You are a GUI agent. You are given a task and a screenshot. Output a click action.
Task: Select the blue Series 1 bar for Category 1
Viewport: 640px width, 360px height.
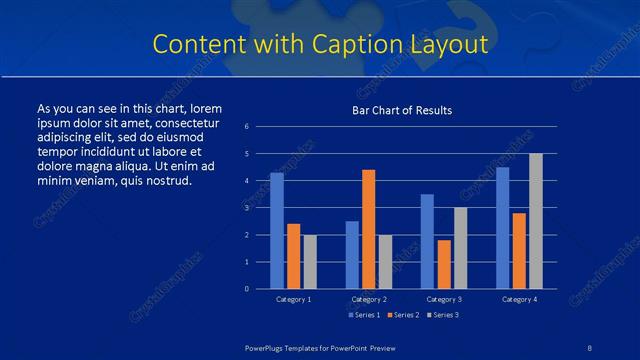click(277, 230)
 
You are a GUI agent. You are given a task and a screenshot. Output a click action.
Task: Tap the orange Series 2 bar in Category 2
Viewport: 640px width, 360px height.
click(369, 229)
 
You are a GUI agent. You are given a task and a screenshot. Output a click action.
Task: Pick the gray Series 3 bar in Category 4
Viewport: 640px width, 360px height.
click(536, 221)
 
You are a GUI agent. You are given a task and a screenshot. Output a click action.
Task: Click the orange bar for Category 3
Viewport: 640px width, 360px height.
click(444, 264)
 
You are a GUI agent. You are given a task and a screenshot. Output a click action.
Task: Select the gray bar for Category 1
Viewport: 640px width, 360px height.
click(310, 261)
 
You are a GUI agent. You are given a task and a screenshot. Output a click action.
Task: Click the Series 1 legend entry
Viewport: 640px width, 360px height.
click(364, 315)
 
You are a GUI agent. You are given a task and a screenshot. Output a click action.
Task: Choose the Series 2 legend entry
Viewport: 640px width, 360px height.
click(402, 315)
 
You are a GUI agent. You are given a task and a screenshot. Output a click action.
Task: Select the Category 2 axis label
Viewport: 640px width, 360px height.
click(369, 300)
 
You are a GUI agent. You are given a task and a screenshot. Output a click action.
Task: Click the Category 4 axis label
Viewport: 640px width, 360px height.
click(519, 300)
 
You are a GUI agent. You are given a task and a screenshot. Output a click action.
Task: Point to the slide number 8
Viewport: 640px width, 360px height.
click(590, 346)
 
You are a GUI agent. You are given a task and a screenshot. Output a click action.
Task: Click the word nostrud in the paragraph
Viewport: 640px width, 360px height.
click(165, 181)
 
